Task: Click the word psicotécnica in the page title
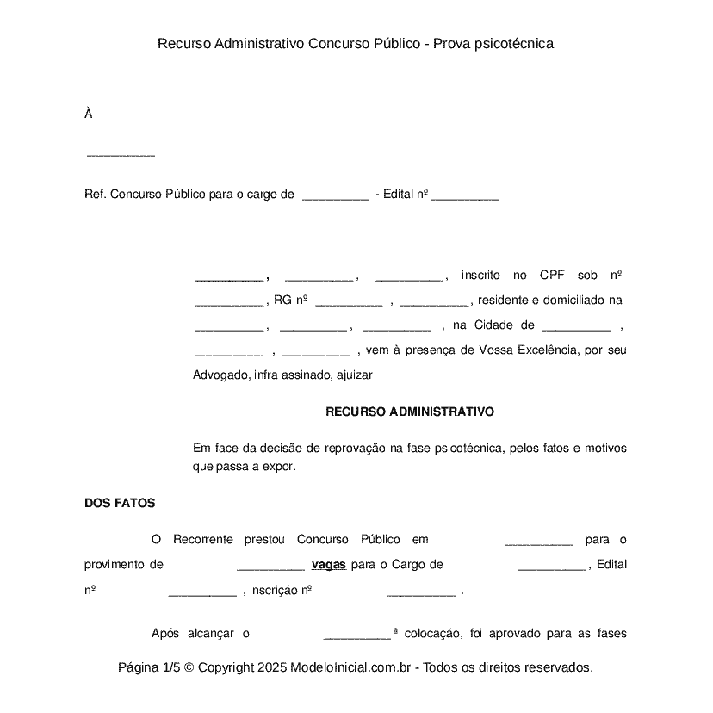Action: tap(514, 43)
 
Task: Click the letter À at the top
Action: tap(88, 114)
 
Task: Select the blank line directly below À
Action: tap(121, 155)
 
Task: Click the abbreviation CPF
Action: tap(552, 276)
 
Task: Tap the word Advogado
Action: tap(221, 375)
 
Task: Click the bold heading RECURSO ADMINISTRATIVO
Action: tap(410, 412)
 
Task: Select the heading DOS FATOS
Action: tap(120, 504)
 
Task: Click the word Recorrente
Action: tap(203, 540)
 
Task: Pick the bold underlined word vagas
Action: tap(328, 565)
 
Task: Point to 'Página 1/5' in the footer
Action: tap(149, 667)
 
